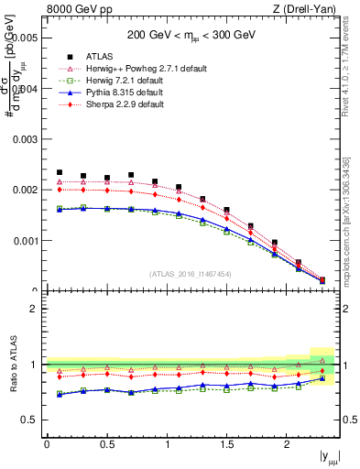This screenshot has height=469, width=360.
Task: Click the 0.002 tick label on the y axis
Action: click(x=25, y=191)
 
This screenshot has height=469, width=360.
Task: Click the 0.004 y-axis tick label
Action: click(x=25, y=89)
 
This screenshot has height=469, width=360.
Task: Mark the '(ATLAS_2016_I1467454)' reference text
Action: click(x=191, y=273)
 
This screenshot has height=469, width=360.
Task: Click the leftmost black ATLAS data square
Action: click(x=60, y=172)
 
